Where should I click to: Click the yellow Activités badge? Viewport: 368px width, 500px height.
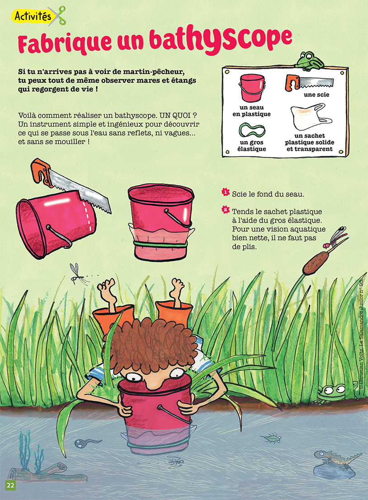pos(33,16)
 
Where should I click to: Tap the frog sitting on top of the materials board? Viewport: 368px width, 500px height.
pos(308,61)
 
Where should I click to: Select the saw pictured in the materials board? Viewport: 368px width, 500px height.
pos(309,83)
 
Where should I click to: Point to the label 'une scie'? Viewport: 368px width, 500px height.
pos(316,95)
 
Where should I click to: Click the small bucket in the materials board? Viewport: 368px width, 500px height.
pos(252,88)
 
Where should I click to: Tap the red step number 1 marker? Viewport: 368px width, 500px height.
pos(226,192)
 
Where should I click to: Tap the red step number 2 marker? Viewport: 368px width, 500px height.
pos(226,210)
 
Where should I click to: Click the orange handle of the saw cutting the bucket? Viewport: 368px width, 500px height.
pos(42,172)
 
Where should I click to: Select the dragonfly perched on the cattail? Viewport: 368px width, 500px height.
pos(335,238)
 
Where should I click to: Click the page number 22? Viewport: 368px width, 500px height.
pos(10,485)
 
